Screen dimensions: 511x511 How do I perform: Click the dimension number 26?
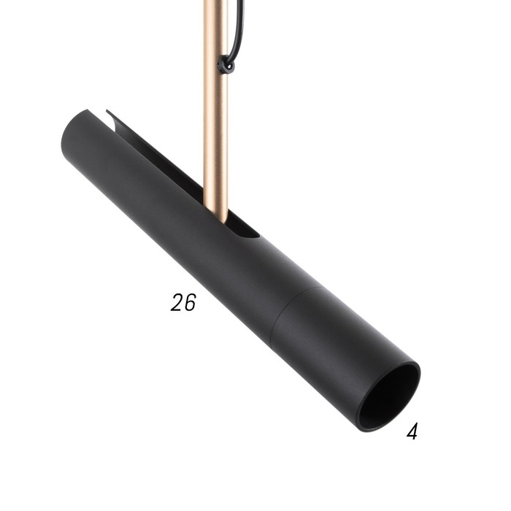(184, 302)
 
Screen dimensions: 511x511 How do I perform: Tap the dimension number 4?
(412, 431)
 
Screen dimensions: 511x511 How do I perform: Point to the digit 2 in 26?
(177, 302)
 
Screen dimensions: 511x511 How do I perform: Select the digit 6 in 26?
(190, 302)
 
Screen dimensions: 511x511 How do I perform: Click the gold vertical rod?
(215, 109)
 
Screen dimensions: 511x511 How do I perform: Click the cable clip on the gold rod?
(225, 66)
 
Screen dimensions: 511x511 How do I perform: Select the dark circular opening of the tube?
(391, 398)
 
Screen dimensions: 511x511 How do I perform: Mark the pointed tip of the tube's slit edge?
(108, 111)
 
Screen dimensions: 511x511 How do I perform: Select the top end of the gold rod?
(214, 3)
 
